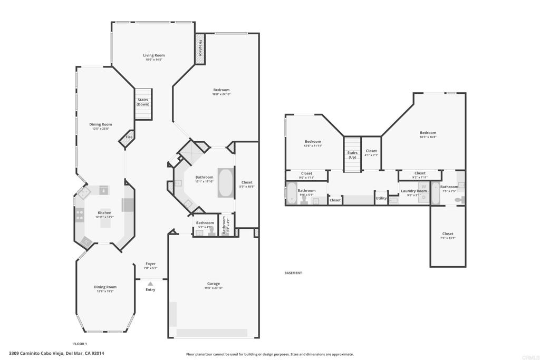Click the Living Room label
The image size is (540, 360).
tap(154, 55)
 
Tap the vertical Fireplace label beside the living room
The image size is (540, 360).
tap(200, 47)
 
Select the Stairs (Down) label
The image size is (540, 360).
tap(143, 102)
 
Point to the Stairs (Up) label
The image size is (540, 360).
tap(352, 155)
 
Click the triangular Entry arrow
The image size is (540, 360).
tap(150, 284)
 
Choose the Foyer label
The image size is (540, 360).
tap(151, 264)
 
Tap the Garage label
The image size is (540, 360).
tap(214, 284)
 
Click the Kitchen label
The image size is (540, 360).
tap(104, 212)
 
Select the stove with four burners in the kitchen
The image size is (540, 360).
tap(80, 215)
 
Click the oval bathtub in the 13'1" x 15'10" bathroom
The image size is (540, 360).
tap(225, 183)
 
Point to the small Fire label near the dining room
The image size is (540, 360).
tap(129, 138)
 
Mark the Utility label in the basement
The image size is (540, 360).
tap(381, 198)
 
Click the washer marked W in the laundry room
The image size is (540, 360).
tap(423, 186)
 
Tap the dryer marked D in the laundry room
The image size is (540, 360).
tap(423, 197)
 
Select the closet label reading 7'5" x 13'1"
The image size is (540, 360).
tap(448, 238)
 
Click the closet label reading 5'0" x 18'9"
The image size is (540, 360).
tap(247, 186)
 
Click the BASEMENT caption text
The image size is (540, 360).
tap(293, 273)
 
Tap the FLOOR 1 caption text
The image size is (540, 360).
tap(80, 343)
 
